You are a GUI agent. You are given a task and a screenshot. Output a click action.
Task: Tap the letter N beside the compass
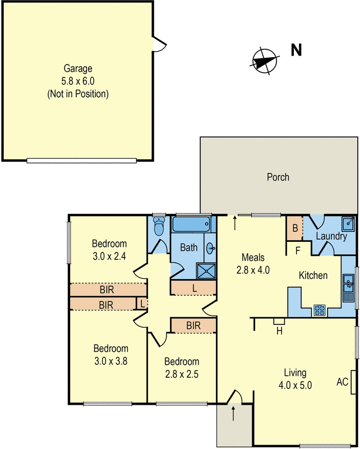tap(296, 51)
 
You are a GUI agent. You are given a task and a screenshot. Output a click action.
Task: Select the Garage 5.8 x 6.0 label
tap(77, 81)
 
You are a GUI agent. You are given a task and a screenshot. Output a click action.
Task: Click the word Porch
tap(278, 177)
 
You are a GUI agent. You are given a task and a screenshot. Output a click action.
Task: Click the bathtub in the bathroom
tap(193, 225)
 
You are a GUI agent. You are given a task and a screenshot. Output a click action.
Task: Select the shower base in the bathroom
tap(206, 271)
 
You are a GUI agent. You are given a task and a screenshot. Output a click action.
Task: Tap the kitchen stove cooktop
tap(320, 309)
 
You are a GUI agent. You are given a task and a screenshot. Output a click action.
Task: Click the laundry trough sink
tap(348, 224)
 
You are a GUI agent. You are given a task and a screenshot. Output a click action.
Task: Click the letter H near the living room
tap(278, 331)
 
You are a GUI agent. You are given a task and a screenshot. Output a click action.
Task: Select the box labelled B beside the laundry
tap(294, 228)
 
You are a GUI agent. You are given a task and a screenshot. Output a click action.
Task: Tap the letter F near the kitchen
tap(298, 250)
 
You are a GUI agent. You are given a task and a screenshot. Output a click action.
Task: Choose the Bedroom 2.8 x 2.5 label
tap(182, 367)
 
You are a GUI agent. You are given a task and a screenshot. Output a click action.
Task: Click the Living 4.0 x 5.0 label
tap(294, 379)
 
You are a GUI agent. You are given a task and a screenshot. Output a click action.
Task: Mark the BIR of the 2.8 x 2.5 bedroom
tap(193, 326)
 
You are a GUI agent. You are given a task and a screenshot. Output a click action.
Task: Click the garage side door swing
tap(159, 44)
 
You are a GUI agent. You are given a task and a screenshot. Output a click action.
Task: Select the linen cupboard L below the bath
tap(193, 287)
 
